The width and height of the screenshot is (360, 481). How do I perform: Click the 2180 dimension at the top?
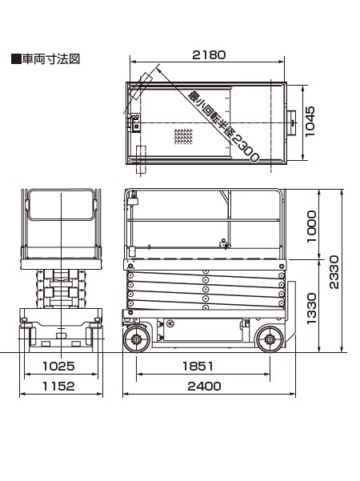pyautogui.click(x=209, y=55)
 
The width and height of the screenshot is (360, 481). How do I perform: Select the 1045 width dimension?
pyautogui.click(x=310, y=122)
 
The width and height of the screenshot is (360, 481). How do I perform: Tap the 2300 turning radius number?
pyautogui.click(x=246, y=149)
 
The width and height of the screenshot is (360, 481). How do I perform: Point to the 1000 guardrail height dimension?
pyautogui.click(x=311, y=226)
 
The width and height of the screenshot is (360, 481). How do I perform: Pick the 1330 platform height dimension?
pyautogui.click(x=311, y=308)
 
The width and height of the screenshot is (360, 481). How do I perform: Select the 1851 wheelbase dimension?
pyautogui.click(x=198, y=366)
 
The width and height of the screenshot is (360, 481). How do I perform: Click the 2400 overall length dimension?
pyautogui.click(x=204, y=387)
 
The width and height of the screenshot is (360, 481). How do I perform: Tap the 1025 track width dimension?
pyautogui.click(x=58, y=366)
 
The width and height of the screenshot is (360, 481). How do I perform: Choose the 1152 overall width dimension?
pyautogui.click(x=58, y=387)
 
